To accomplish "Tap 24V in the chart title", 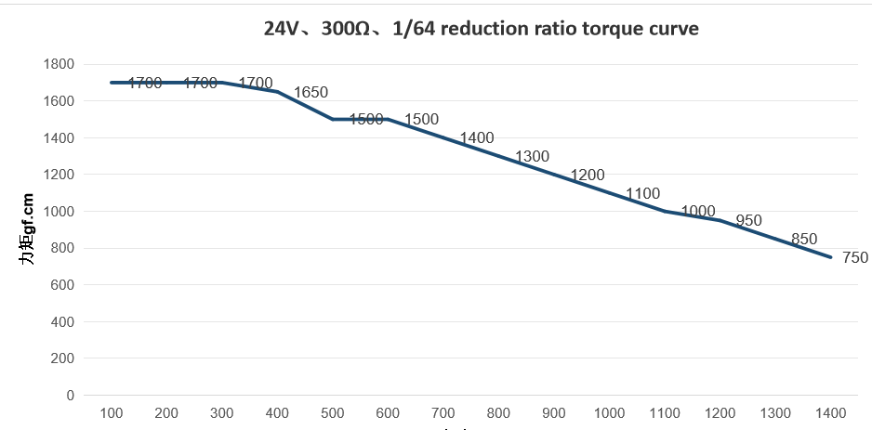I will point(282,29).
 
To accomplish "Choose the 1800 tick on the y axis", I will point(59,64).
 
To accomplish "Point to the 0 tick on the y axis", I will point(71,395).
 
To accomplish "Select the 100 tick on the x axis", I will point(112,413).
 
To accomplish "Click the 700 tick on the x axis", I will point(443,413).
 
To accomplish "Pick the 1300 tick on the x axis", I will point(775,413).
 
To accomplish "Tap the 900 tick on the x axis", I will point(554,413).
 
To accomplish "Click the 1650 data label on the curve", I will point(310,93).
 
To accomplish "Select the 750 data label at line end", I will point(854,258).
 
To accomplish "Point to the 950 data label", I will point(748,221).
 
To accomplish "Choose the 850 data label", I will point(803,240).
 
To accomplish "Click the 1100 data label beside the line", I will point(642,194).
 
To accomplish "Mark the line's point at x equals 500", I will point(333,119).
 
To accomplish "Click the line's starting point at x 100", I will point(112,83).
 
